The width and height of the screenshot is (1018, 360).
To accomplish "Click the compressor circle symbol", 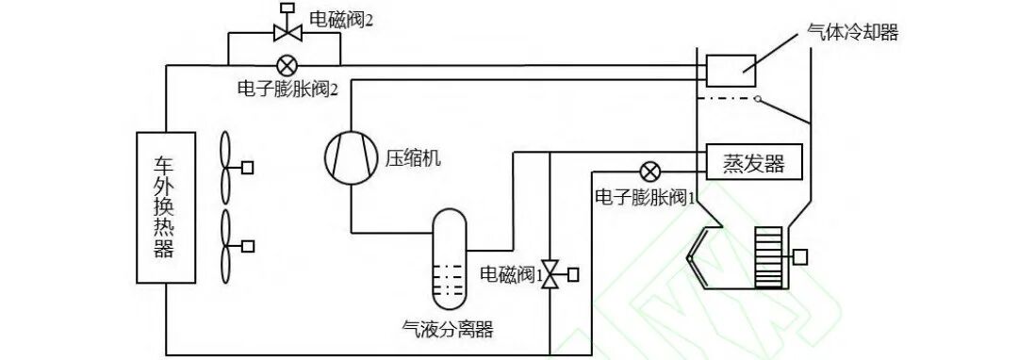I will [x=350, y=155].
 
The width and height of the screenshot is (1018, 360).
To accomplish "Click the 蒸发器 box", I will [x=753, y=163].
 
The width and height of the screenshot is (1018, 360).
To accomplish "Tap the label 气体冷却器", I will [x=853, y=33].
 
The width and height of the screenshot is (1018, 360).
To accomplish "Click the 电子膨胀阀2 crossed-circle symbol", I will [x=286, y=65].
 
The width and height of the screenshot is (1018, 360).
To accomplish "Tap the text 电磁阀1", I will [x=508, y=274].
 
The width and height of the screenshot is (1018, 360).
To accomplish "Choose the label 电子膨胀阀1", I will [x=646, y=198].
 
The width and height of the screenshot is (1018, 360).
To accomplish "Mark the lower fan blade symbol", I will [x=226, y=246].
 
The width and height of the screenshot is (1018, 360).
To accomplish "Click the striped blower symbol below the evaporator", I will [x=770, y=256].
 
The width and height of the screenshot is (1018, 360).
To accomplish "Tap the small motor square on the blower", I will [x=801, y=256].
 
